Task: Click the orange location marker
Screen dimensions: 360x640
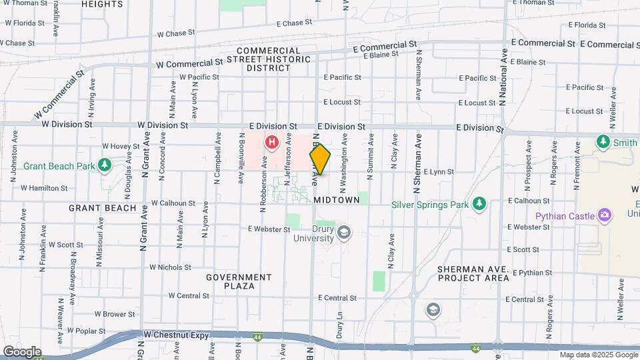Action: point(320,160)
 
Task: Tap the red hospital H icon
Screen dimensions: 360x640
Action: point(272,141)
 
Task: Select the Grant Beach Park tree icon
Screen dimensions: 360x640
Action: point(104,164)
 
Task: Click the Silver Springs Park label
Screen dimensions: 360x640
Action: point(430,205)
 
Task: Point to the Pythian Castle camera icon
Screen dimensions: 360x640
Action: point(605,215)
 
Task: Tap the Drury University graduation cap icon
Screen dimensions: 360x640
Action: point(344,232)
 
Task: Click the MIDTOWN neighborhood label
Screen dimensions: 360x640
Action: point(336,200)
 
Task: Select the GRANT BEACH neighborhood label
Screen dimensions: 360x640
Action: point(103,208)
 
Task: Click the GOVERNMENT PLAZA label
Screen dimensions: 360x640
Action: point(239,281)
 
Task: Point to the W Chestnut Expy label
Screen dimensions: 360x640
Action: point(170,334)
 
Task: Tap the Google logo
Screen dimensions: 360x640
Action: point(22,351)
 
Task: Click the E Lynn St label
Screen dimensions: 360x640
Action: point(438,172)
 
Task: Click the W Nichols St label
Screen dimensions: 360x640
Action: point(170,267)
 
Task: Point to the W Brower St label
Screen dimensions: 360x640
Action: point(115,313)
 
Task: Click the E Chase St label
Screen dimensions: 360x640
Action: point(283,23)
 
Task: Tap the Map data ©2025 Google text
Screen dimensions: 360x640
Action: point(599,355)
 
